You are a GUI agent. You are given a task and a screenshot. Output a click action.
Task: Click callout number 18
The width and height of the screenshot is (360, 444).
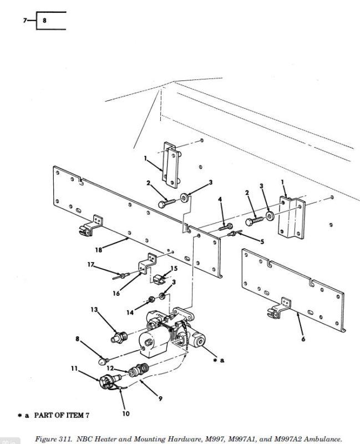click(x=99, y=250)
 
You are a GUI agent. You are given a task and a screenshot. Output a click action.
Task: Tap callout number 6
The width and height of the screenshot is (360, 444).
click(x=303, y=339)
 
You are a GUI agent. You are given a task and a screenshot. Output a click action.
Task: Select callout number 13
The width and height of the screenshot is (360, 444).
click(x=94, y=310)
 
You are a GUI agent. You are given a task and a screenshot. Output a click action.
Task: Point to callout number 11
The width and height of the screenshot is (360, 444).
click(x=74, y=369)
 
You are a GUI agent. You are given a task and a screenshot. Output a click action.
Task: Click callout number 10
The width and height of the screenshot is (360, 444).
click(x=126, y=413)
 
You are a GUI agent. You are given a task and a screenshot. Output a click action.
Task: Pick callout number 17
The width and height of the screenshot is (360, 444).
click(x=90, y=265)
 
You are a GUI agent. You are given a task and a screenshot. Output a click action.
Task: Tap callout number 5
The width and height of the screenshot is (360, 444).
click(x=262, y=241)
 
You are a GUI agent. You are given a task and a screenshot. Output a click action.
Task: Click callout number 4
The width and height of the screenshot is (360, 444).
click(x=220, y=199)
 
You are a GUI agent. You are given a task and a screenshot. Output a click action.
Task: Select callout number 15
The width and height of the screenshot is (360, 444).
click(x=174, y=268)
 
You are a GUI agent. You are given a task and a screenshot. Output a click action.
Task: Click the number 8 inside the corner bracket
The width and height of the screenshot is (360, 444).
click(x=44, y=21)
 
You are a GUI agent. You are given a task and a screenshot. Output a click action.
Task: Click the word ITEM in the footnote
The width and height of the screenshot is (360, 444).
click(x=75, y=415)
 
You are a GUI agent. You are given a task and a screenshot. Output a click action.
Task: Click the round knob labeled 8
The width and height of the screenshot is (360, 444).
click(x=103, y=361)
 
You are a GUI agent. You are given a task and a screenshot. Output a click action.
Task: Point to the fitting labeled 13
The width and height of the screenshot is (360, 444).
click(x=118, y=337)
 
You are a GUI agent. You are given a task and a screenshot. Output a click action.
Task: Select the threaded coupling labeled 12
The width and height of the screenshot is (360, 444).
click(x=138, y=370)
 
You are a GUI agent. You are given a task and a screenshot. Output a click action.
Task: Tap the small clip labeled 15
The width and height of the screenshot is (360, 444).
click(x=159, y=279)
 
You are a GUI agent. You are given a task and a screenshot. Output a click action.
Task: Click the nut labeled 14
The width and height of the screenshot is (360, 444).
click(x=151, y=299)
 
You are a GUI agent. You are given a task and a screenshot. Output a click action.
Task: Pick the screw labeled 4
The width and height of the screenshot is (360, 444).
click(x=226, y=227)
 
